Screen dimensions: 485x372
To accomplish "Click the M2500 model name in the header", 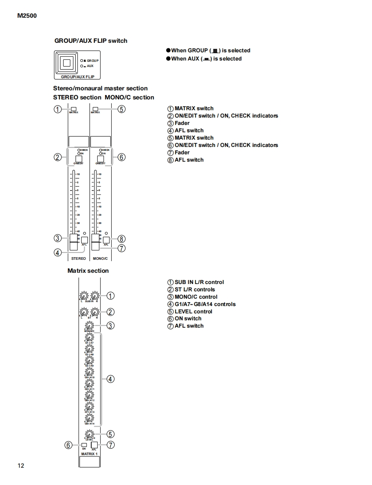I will (27, 16).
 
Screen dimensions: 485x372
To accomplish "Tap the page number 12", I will (21, 466).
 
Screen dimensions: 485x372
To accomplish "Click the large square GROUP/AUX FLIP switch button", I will (66, 63).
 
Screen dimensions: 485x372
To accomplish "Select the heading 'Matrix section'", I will (88, 271).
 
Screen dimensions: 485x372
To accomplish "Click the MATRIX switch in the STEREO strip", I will (74, 109).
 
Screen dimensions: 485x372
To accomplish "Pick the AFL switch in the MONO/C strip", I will (106, 240).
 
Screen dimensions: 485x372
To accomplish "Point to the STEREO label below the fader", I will (78, 258).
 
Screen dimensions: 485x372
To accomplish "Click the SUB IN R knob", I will (95, 296).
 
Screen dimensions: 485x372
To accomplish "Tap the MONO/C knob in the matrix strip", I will (89, 326).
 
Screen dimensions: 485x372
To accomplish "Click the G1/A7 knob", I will (89, 337).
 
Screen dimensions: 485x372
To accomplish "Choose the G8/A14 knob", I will (89, 418).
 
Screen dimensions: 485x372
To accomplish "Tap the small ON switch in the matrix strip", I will (84, 445).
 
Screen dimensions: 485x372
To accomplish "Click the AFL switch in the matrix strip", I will (93, 445).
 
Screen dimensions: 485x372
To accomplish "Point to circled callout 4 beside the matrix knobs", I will (110, 379).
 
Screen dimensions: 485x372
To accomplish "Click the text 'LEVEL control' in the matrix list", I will (193, 311).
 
